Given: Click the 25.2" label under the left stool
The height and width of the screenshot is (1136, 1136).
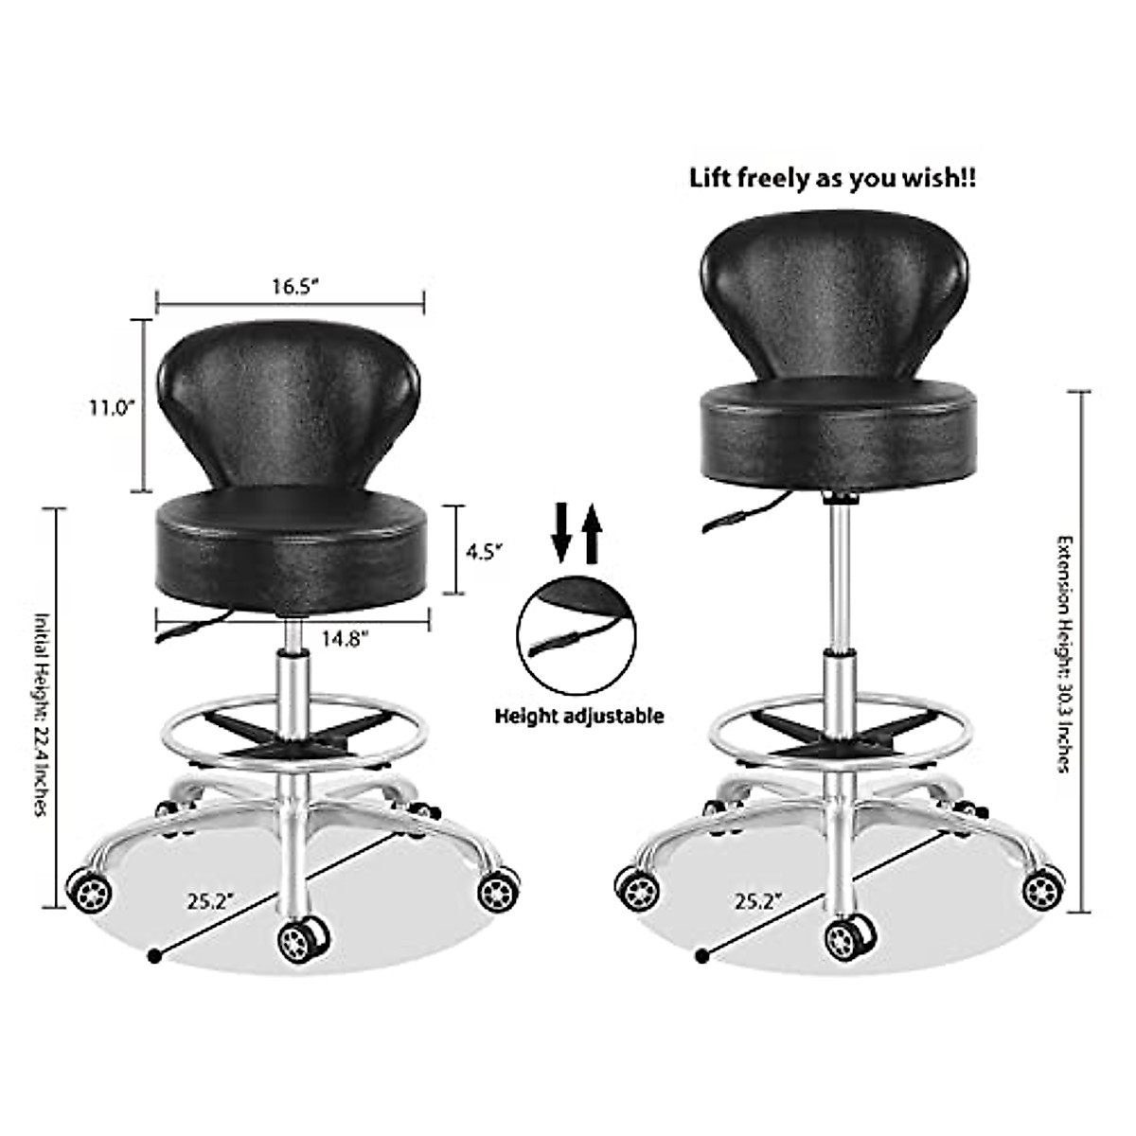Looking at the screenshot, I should pyautogui.click(x=210, y=900).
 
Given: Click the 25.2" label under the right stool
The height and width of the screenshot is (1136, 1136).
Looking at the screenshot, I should pyautogui.click(x=755, y=900).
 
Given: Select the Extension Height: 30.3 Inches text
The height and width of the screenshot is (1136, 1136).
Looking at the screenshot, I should pyautogui.click(x=1065, y=653).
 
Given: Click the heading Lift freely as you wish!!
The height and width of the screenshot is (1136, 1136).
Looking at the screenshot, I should pyautogui.click(x=833, y=178).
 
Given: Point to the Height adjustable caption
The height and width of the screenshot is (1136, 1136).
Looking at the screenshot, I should pyautogui.click(x=578, y=716).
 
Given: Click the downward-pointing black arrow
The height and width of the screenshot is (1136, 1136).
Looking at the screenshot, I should pyautogui.click(x=561, y=533).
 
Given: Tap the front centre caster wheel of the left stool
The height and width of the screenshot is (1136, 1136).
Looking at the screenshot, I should pyautogui.click(x=303, y=938).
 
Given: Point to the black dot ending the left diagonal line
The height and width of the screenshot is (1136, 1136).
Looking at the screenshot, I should pyautogui.click(x=153, y=956).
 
